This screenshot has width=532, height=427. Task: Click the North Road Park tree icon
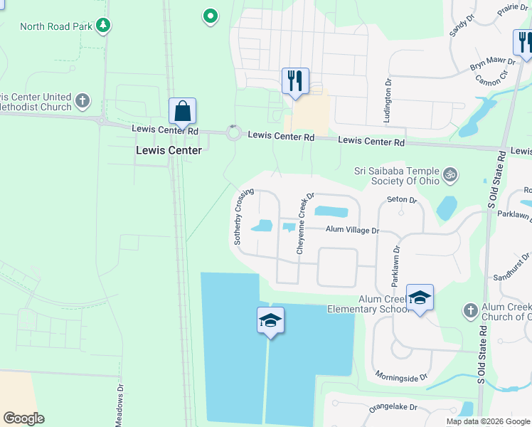(x=104, y=26)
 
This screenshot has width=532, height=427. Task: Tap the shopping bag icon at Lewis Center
(x=182, y=112)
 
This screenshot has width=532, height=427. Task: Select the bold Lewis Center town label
(x=169, y=151)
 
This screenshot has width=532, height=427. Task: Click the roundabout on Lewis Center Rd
(x=233, y=132)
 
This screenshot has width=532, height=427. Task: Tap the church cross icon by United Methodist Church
(x=83, y=100)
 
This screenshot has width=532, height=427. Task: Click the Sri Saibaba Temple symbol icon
(x=449, y=174)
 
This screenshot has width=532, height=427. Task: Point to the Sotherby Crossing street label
(x=244, y=216)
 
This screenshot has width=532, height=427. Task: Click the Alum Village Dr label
(x=353, y=231)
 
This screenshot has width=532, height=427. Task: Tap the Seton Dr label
(x=400, y=200)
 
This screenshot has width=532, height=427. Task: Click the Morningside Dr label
(x=401, y=376)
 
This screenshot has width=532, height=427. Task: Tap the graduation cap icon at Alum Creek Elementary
(x=420, y=297)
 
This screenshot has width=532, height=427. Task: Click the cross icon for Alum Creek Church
(x=469, y=310)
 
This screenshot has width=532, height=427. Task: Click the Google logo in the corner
(x=23, y=418)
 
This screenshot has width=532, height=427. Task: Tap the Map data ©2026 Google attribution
(x=488, y=421)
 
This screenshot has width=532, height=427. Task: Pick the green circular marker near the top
(x=210, y=15)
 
